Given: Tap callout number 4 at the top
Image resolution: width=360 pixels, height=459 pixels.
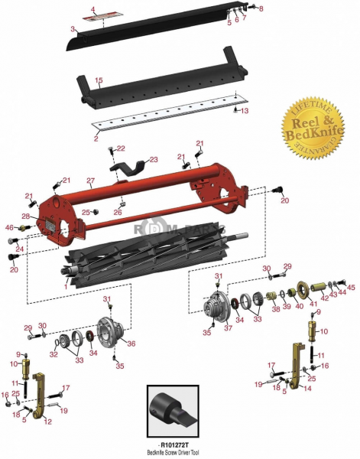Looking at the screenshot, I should coord(92,9).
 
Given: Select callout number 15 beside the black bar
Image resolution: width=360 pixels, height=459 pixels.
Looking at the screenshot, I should coord(99,80).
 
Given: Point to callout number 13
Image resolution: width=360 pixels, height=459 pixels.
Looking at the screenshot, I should coord(245,111).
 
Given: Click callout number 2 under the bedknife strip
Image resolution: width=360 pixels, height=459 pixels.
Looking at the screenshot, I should coord(96,138).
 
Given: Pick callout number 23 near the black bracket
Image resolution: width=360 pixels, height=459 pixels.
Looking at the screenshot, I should coord(153,160).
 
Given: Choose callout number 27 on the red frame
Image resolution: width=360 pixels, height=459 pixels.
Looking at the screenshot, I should coord(89,182).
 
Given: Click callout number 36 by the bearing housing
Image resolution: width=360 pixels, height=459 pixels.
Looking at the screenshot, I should coord(131,343).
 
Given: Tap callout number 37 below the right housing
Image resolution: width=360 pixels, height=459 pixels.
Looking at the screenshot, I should coord(228,328).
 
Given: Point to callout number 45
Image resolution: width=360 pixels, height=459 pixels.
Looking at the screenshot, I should coord(352,288).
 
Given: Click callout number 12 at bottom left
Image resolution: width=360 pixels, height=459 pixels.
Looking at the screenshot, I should coord(47,421).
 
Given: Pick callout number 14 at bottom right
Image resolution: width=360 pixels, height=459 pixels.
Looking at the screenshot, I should coord(307,388).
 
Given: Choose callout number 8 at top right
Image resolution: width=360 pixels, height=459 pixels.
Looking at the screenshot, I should coord(261,8).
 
